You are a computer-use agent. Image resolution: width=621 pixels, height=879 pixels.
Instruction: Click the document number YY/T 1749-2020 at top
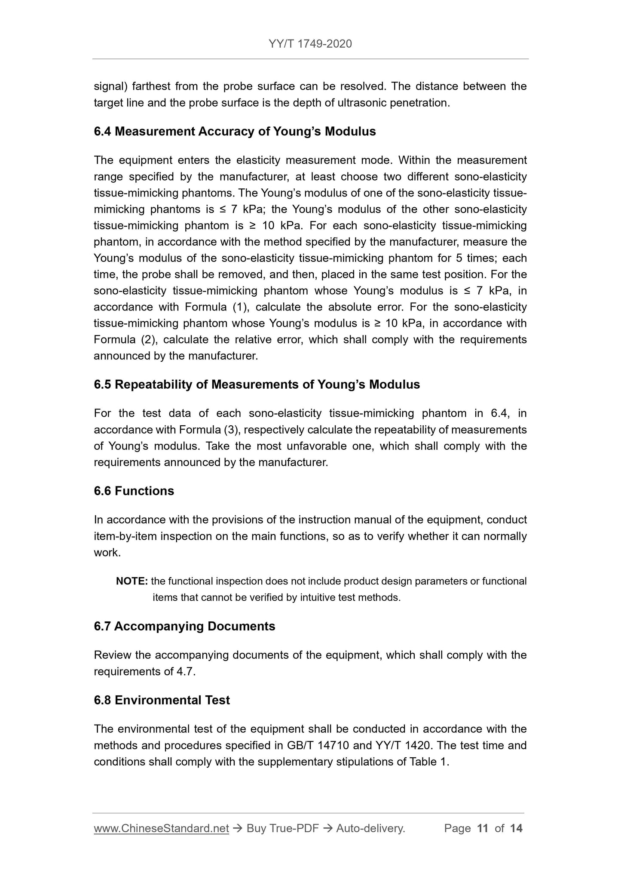click(x=310, y=44)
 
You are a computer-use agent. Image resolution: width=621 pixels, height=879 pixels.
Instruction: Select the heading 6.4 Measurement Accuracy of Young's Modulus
click(x=235, y=132)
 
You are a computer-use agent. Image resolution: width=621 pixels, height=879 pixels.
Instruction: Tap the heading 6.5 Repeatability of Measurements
click(x=257, y=384)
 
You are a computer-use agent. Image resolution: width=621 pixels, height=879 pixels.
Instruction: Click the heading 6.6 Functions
click(x=134, y=491)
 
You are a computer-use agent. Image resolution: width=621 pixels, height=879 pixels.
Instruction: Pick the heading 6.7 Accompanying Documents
click(x=184, y=626)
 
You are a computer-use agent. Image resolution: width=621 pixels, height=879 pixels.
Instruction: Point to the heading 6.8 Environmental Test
click(x=162, y=700)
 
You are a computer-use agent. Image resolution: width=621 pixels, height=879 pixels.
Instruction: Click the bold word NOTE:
click(x=132, y=581)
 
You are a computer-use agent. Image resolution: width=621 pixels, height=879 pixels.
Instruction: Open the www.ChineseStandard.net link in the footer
click(x=161, y=829)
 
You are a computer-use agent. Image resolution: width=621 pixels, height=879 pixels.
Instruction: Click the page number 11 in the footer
click(x=483, y=829)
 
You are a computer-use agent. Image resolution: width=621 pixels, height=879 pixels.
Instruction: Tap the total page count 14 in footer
click(x=516, y=829)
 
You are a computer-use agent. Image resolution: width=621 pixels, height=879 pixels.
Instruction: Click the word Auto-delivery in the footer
click(x=370, y=829)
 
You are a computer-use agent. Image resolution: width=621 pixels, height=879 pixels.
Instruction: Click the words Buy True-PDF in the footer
click(x=282, y=829)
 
